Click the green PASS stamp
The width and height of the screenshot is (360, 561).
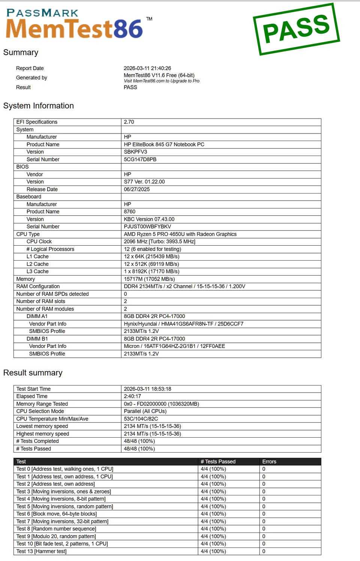(x=296, y=29)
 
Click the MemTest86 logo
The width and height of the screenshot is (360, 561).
(x=74, y=25)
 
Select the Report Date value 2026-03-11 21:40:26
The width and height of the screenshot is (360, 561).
(x=147, y=68)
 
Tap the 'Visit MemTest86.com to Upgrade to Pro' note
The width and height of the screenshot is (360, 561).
(x=162, y=81)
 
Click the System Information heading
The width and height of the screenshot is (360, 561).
(x=39, y=106)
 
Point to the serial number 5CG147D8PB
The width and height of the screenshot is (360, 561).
(x=140, y=159)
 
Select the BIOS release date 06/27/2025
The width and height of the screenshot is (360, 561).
(x=137, y=189)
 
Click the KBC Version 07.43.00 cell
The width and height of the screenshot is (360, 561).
(x=149, y=219)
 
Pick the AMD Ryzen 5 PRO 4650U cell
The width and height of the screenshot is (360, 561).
(x=180, y=234)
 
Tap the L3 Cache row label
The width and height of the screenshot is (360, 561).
(x=37, y=271)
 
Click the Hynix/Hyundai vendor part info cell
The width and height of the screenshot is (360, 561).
(x=184, y=324)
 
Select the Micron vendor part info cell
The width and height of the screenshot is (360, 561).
(x=174, y=346)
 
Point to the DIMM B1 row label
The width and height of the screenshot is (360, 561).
(x=37, y=339)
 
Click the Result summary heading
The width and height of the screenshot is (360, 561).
(x=33, y=373)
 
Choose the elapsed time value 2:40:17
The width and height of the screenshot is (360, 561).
(x=133, y=396)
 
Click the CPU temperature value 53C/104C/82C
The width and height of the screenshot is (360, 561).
(x=141, y=419)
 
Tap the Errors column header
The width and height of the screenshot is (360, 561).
(x=269, y=462)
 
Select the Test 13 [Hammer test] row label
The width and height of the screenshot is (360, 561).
(x=41, y=551)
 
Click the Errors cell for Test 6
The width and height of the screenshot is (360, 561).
(x=264, y=514)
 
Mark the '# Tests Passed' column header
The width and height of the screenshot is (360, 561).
(x=218, y=462)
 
